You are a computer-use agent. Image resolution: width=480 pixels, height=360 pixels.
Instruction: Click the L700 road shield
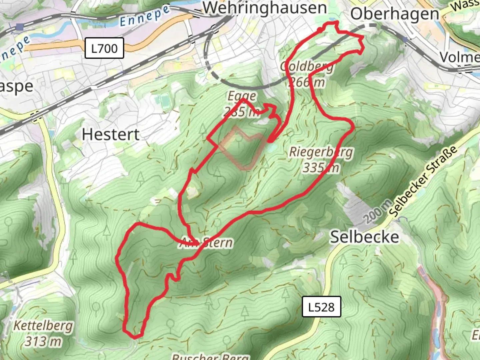point(104,48)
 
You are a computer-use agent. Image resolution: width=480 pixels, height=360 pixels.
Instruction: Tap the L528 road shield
point(321,307)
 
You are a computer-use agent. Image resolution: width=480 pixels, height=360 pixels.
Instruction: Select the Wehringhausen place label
point(265,8)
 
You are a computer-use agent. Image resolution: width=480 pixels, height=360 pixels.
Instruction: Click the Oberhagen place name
point(395,14)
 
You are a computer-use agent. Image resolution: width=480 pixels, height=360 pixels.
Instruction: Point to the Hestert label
point(111,135)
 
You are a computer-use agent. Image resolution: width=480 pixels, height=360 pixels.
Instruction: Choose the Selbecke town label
point(364,237)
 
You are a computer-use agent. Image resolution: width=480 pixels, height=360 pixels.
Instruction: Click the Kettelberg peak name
point(43,325)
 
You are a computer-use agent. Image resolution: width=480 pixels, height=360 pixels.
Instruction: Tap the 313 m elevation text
point(43,341)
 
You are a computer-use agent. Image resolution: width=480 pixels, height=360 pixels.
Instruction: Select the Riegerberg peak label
point(321,152)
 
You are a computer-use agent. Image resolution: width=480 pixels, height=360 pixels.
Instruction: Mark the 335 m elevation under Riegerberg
point(321,167)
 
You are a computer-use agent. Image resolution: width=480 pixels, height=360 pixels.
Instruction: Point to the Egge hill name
point(242,96)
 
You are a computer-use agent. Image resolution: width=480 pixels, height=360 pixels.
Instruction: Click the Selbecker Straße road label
point(423,182)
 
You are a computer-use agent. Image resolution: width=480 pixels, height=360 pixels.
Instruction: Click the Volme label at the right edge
point(460,57)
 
